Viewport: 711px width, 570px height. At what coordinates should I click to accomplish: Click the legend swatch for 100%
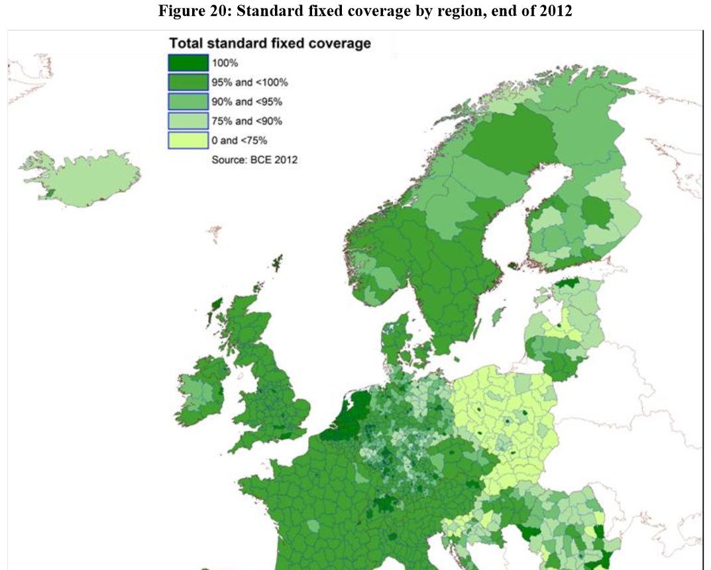coord(188,63)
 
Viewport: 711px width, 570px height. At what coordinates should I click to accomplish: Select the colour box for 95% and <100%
coord(188,83)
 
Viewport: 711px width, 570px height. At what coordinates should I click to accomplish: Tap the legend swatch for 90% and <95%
coord(188,102)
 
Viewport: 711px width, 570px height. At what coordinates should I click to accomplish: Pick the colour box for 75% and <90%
coord(188,121)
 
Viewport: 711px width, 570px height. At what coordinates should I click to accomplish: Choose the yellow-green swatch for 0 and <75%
coord(188,141)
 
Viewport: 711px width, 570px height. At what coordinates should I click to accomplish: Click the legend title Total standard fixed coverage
coord(269,44)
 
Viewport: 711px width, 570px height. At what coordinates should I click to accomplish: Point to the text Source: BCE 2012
coord(254,160)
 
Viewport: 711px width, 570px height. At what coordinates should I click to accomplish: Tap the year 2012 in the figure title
coord(556,12)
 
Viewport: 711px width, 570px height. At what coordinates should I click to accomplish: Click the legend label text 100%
coord(224,64)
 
